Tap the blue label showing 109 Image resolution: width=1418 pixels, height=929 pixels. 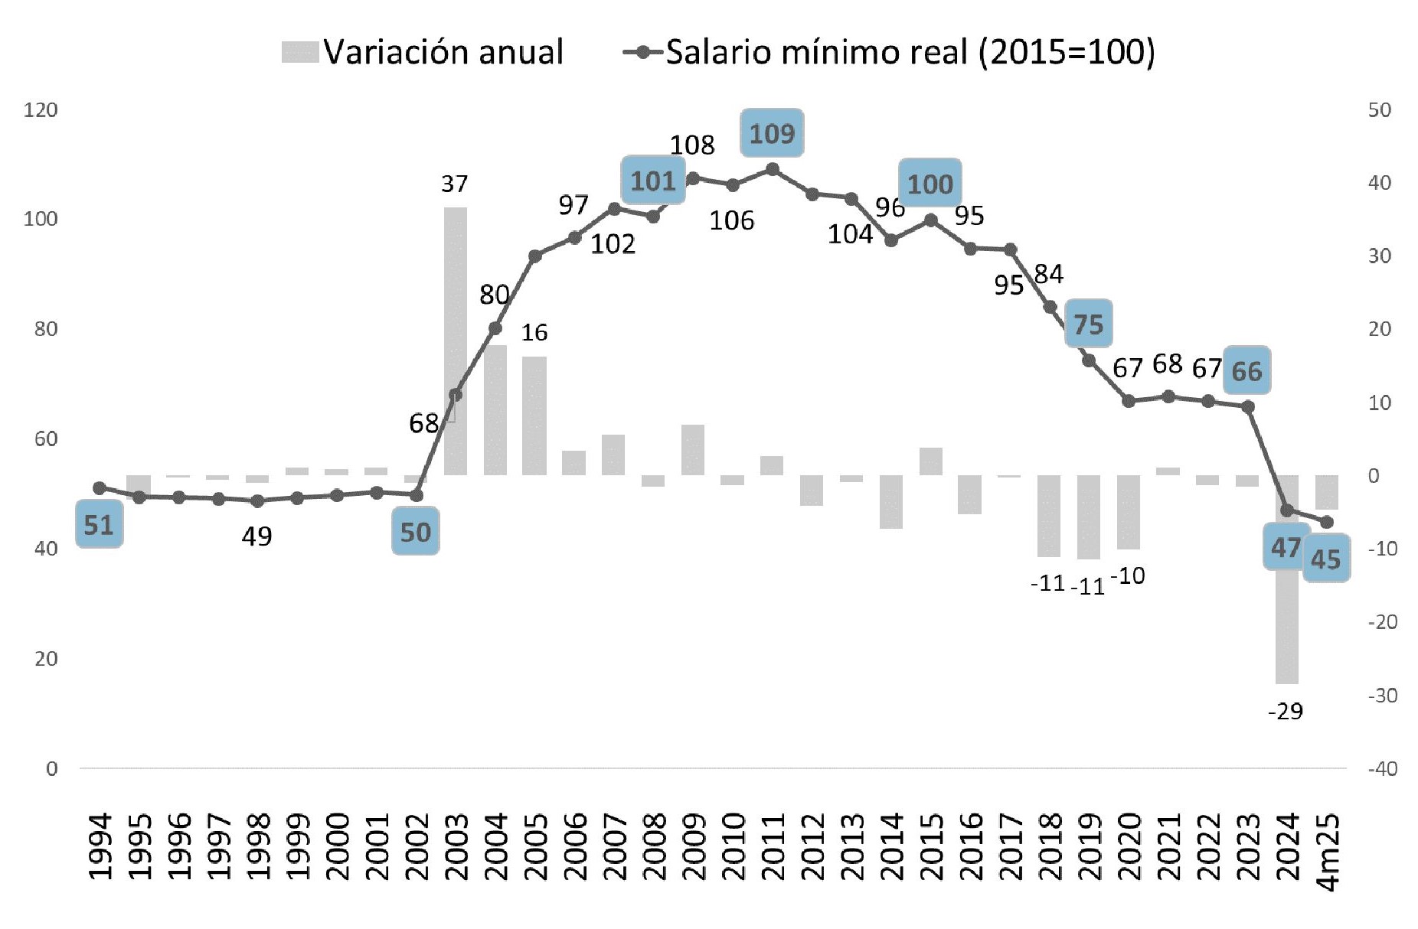click(772, 134)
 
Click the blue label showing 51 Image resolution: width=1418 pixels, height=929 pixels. click(99, 525)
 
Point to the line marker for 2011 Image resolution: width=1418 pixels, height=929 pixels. click(772, 169)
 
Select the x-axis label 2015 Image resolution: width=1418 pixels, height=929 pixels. click(931, 846)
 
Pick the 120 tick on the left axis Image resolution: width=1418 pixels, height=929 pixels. click(41, 110)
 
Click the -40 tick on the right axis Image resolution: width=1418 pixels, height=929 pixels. click(1382, 768)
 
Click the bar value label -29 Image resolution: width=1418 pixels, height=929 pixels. click(1286, 712)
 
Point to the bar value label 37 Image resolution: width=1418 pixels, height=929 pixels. click(454, 184)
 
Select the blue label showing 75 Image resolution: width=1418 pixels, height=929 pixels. click(1088, 324)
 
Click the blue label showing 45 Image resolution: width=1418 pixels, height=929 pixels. click(1325, 559)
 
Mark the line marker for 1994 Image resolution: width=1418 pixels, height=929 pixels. click(99, 488)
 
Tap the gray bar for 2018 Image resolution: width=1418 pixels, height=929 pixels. click(1049, 516)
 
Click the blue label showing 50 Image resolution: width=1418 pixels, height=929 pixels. click(416, 532)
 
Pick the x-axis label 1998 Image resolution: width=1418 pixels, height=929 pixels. click(257, 846)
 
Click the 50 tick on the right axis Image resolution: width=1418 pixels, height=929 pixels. click(1379, 110)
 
